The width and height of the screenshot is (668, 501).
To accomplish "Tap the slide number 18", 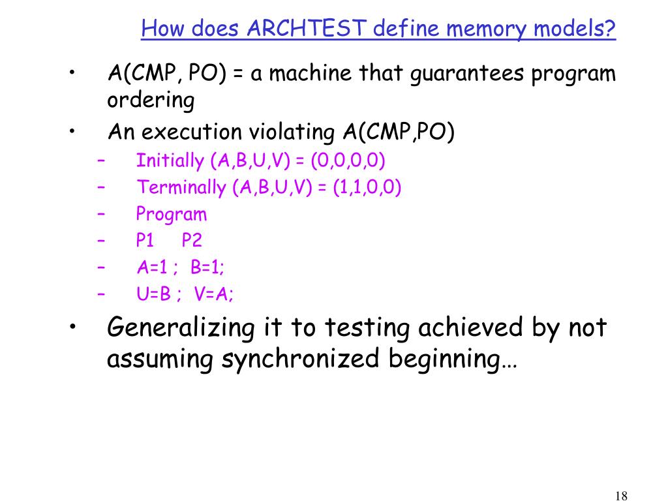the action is click(x=621, y=495).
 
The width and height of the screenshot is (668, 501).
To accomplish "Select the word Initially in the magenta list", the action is click(x=170, y=160).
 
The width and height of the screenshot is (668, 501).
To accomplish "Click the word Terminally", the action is click(x=181, y=188).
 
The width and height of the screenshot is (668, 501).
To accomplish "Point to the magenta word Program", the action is click(x=172, y=214).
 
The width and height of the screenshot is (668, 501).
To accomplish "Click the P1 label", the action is click(x=145, y=241).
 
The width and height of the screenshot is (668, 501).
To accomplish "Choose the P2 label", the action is click(x=192, y=241).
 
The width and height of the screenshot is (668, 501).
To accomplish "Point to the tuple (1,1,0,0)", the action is click(x=367, y=188).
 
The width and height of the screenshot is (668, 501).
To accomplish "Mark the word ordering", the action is click(x=151, y=102).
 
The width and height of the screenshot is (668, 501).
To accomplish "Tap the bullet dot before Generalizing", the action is click(x=76, y=326).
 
